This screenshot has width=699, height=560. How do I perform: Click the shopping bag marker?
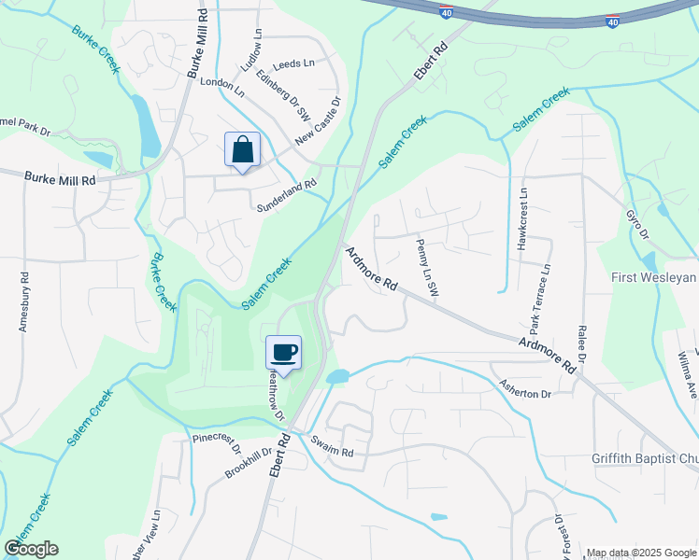tap(242, 149)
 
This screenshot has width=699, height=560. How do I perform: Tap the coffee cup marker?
tap(284, 352)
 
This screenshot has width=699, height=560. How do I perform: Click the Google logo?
tap(30, 549)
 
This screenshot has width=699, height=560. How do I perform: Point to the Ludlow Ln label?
tap(258, 45)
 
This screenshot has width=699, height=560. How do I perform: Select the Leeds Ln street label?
tap(294, 64)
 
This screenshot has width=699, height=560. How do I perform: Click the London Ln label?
tap(221, 87)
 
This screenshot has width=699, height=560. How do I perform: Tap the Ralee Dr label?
tap(581, 343)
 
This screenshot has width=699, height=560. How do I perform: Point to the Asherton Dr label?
tap(525, 394)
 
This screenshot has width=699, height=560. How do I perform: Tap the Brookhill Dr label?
tap(248, 463)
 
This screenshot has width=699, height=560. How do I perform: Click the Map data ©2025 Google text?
tap(640, 553)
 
